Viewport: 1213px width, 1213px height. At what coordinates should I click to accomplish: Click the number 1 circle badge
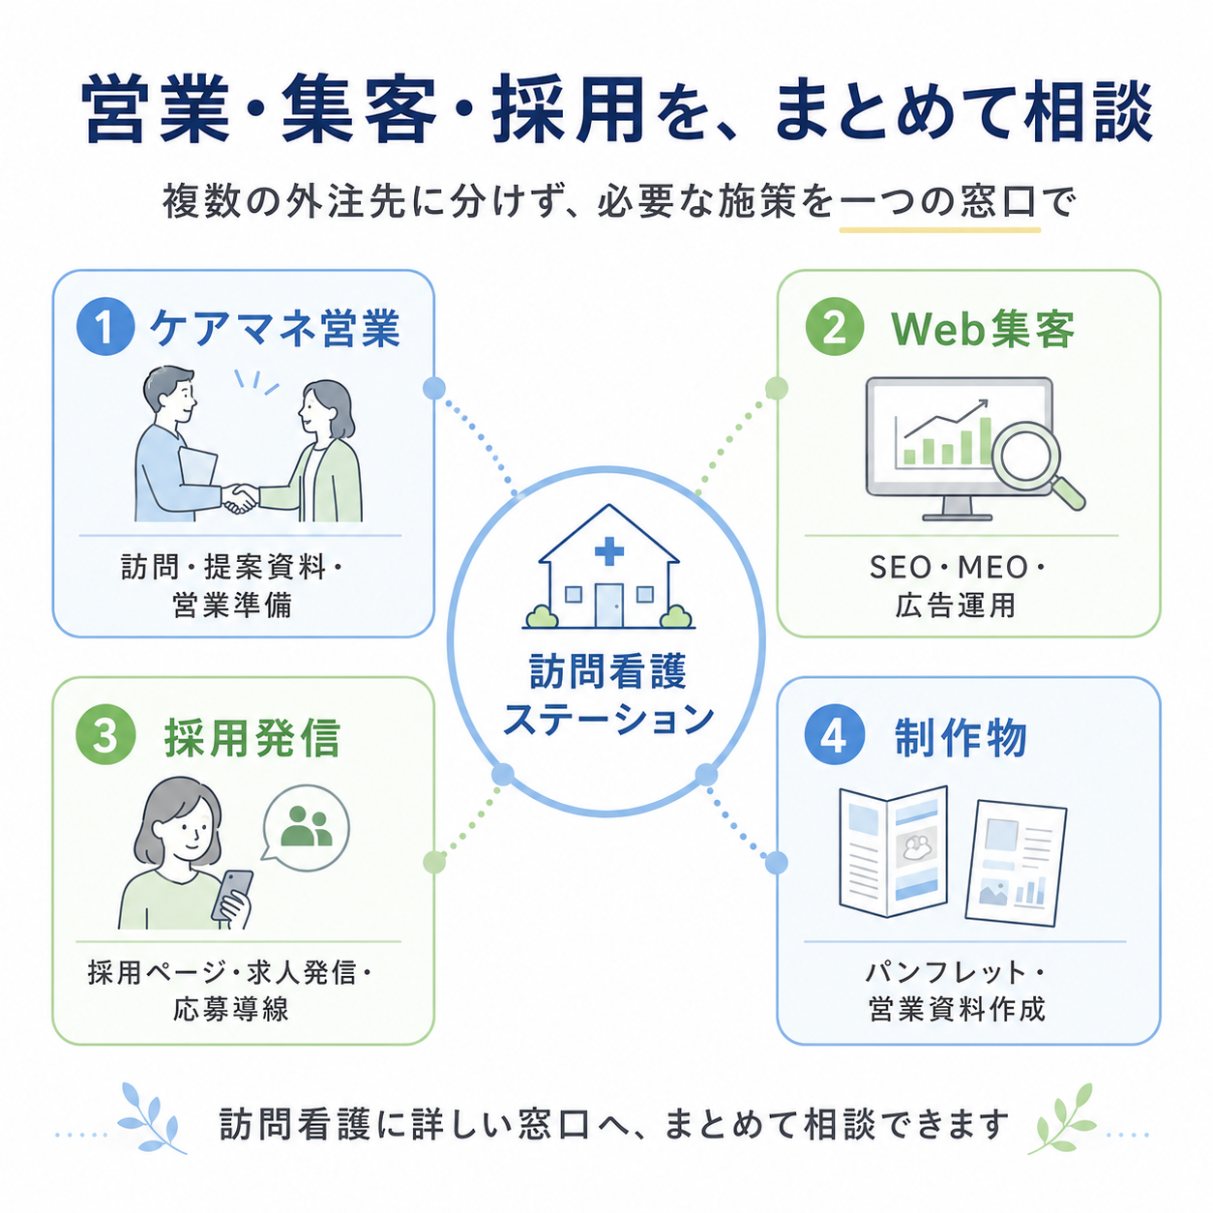point(105,326)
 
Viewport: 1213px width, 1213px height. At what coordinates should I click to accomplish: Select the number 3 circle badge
point(105,734)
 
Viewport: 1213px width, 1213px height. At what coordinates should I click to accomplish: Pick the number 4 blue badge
point(834,734)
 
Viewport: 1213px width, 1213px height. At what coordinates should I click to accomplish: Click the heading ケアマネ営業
point(275,327)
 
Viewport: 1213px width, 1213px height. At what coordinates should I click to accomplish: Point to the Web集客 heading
point(983,329)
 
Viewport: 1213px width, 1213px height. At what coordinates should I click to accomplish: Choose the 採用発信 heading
point(252,737)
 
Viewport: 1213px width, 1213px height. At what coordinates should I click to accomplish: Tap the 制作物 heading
point(960,737)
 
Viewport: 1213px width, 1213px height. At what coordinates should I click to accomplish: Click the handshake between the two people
point(240,497)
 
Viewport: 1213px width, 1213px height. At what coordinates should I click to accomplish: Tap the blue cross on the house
point(608,551)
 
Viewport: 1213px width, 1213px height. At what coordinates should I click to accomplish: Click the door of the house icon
point(608,606)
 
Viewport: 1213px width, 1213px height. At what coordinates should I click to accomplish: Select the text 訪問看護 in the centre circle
point(608,671)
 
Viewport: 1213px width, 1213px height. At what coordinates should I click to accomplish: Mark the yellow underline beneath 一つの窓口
point(940,230)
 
